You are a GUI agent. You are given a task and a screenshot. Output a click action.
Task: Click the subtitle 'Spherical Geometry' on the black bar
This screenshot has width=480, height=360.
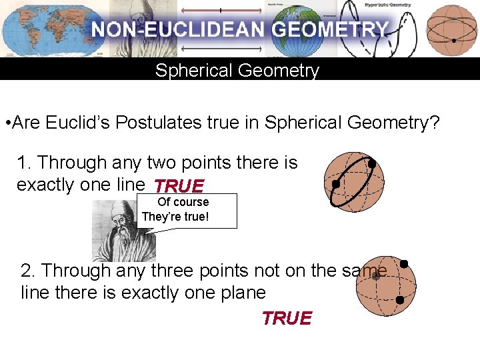237,70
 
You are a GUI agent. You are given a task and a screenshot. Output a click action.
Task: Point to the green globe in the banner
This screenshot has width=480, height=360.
299,28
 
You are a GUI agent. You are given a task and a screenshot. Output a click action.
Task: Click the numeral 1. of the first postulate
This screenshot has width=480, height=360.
25,163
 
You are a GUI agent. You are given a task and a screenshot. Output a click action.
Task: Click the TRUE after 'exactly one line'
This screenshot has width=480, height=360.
178,186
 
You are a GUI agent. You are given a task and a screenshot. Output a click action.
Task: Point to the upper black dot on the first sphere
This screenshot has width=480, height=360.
371,163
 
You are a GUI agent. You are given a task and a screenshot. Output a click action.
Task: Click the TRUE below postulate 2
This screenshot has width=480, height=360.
287,319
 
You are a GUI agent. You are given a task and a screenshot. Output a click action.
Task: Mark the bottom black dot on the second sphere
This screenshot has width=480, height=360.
399,301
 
